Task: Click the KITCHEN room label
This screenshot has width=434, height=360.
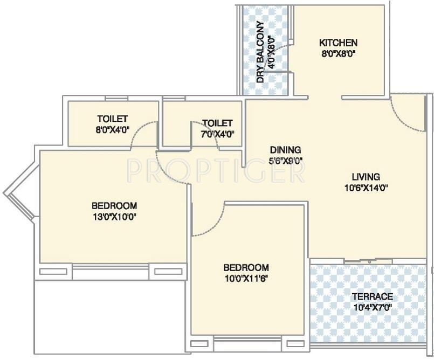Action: point(338,43)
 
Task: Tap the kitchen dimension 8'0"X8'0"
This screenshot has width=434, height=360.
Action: point(338,53)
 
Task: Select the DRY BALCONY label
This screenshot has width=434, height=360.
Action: point(260,52)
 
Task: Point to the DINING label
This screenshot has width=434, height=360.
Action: point(285,150)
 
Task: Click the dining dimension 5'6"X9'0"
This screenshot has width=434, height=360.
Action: point(285,161)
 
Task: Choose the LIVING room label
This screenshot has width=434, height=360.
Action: point(366,177)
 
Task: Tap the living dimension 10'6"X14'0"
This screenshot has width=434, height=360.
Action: point(366,188)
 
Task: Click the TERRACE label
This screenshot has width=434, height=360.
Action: point(373,296)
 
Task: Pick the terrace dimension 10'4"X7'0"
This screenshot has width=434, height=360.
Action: point(373,307)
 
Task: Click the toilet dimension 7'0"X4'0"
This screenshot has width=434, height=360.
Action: point(218,134)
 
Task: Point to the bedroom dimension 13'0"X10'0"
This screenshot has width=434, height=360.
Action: point(114,217)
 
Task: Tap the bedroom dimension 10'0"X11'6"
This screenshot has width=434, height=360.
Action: point(246,278)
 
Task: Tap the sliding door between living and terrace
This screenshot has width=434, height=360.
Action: point(368,261)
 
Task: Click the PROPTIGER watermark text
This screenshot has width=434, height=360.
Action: point(216,171)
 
